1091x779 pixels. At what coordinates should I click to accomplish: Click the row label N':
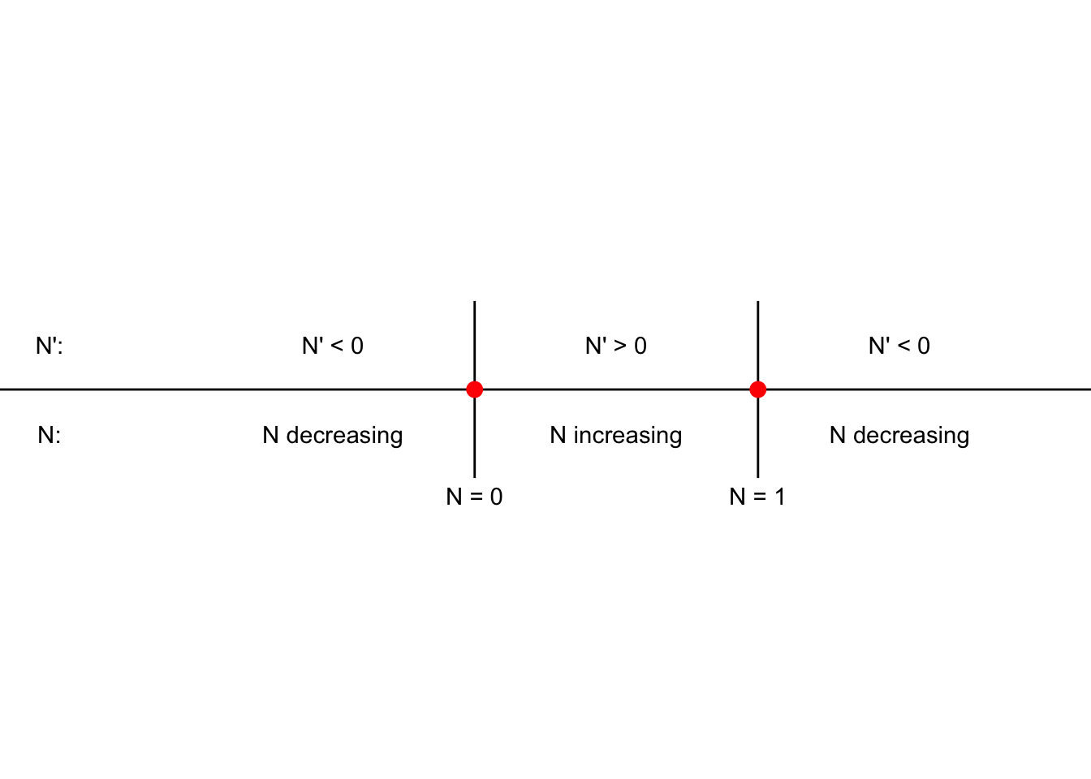(x=50, y=346)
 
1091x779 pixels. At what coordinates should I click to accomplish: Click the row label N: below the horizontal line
(x=50, y=435)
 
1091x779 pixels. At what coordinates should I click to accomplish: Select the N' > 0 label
(x=616, y=346)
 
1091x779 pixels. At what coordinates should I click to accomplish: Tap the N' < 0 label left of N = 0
(x=333, y=346)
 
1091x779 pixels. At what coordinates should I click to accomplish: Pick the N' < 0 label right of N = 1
(x=899, y=346)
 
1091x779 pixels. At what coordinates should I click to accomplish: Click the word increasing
(x=627, y=436)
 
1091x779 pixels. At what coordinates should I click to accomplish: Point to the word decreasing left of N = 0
(x=344, y=435)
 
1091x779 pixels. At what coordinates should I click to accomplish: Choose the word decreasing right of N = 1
(x=912, y=435)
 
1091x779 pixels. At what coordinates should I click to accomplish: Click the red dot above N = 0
(x=474, y=389)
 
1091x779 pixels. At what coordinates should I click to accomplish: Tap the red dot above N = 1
(x=758, y=389)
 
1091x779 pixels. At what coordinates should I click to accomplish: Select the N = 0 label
(x=474, y=497)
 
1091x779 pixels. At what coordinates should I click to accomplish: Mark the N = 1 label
(x=757, y=497)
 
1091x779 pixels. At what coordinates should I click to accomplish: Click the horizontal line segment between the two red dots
(x=616, y=389)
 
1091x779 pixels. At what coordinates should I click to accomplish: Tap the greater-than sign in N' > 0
(x=620, y=346)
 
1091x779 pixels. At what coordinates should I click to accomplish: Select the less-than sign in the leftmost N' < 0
(x=337, y=346)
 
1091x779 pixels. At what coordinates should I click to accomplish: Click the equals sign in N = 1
(x=759, y=497)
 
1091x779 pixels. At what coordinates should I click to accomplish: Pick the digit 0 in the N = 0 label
(x=496, y=497)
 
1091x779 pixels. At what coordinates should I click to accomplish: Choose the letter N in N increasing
(x=558, y=435)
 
